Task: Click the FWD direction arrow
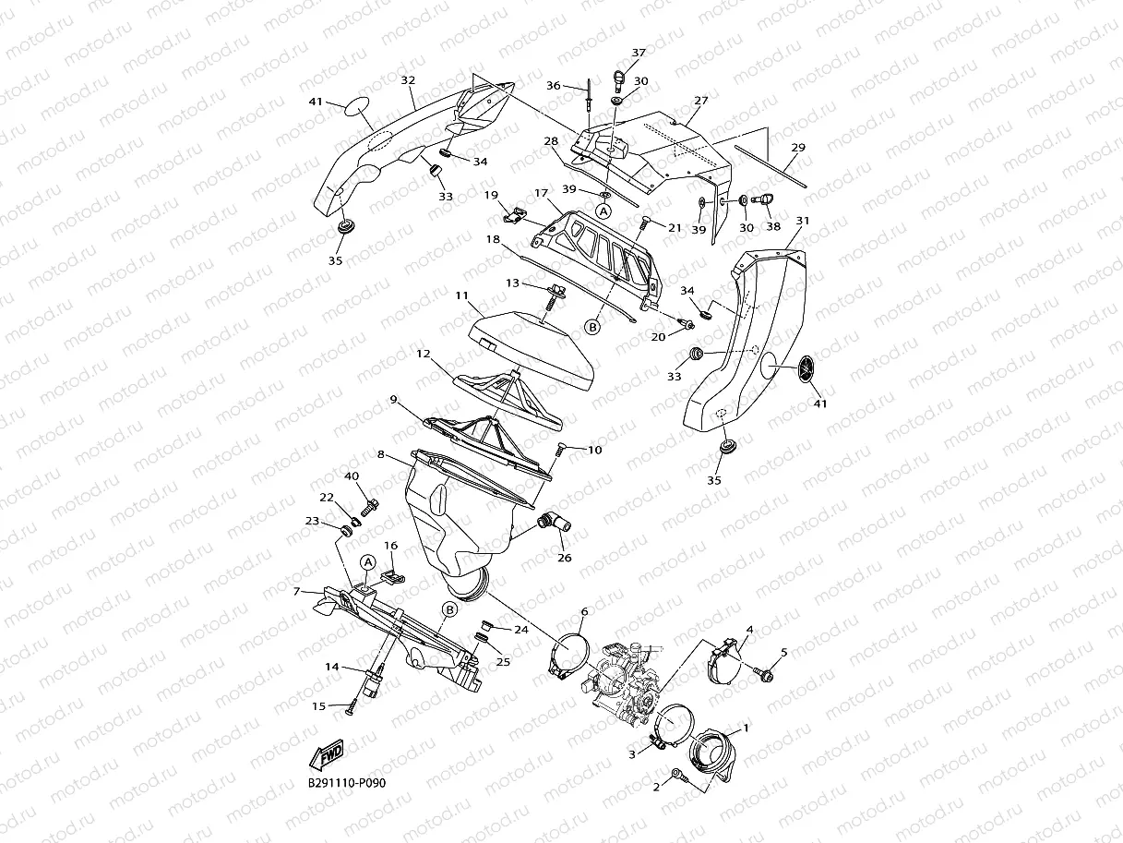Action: point(328,755)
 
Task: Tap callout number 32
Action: point(407,80)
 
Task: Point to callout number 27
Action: point(701,101)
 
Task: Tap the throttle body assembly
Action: point(623,679)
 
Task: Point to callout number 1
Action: point(746,727)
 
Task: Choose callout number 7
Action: point(295,591)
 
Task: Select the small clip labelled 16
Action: point(394,577)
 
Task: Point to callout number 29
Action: point(798,147)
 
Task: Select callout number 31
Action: point(803,222)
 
